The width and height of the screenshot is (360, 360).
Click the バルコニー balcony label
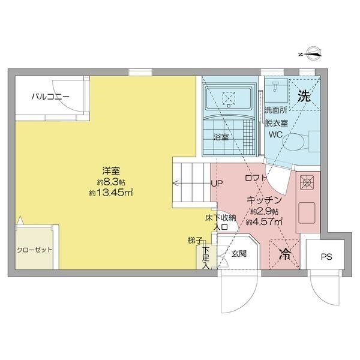(50, 96)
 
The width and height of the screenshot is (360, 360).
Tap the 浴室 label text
(221, 137)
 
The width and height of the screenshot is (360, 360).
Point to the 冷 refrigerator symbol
(286, 254)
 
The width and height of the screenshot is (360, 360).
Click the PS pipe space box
(325, 257)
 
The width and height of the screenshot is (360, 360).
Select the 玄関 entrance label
(240, 254)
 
